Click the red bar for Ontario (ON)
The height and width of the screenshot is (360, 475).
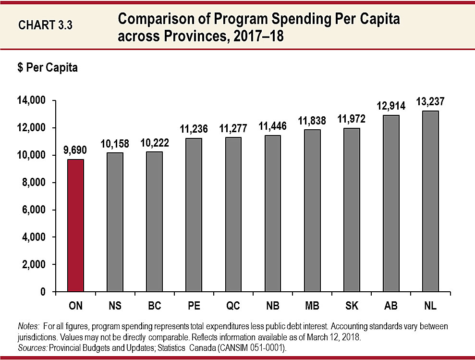tap(75, 225)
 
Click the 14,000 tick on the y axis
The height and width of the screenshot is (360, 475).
tap(30, 100)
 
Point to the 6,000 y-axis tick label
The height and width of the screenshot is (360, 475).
tap(32, 210)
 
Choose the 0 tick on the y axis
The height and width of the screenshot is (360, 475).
tap(42, 292)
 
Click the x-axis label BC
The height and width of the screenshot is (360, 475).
tap(154, 306)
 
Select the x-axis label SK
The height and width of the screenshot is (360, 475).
tap(352, 306)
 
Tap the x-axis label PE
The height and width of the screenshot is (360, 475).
tap(194, 306)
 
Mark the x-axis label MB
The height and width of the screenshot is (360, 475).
tap(312, 306)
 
